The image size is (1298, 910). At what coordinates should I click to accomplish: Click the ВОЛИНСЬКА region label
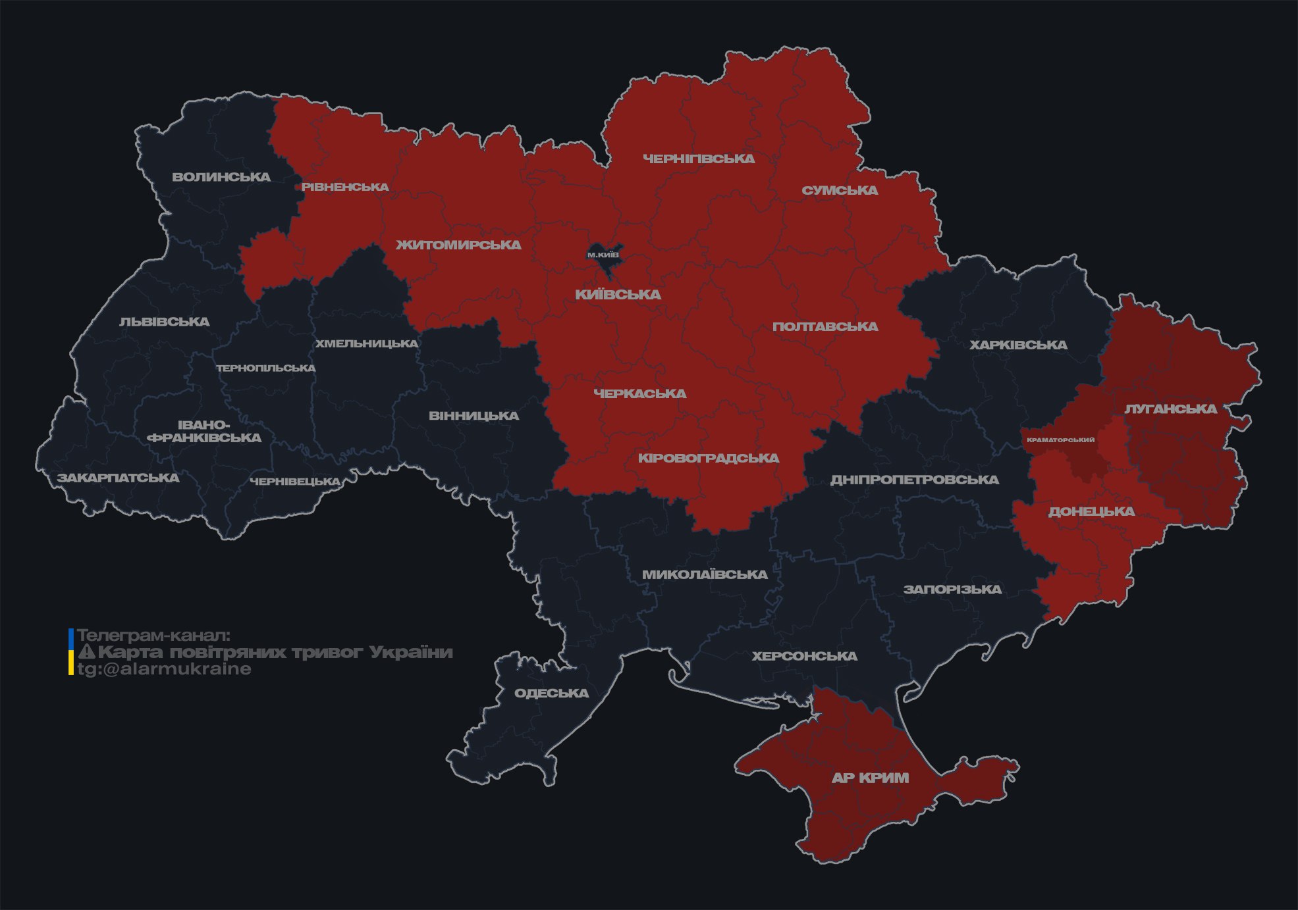(x=221, y=177)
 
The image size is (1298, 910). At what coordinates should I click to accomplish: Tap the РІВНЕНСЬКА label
(x=345, y=187)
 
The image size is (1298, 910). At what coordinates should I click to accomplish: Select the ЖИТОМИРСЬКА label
(x=458, y=245)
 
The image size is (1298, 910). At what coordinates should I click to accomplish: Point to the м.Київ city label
(x=603, y=255)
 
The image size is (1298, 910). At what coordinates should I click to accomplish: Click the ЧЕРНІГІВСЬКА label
(x=699, y=159)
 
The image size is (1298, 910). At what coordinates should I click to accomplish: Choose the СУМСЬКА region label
(x=840, y=190)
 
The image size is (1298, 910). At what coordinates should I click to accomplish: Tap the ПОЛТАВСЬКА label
(x=825, y=326)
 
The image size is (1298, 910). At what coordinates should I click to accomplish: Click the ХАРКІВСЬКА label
(x=1018, y=345)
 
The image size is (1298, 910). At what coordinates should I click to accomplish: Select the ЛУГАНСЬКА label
(x=1170, y=409)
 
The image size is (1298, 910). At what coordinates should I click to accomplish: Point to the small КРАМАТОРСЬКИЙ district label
(x=1061, y=440)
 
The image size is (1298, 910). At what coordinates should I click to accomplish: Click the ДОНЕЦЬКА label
(x=1091, y=511)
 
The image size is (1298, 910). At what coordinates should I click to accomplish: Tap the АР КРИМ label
(x=870, y=778)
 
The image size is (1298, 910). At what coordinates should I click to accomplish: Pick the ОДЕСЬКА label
(x=551, y=693)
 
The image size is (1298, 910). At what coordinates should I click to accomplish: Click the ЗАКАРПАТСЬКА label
(x=118, y=478)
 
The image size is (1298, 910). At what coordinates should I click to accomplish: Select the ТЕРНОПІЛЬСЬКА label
(x=266, y=368)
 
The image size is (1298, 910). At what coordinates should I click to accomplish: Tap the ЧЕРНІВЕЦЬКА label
(x=294, y=482)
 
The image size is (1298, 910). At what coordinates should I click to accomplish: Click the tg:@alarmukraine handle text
(x=164, y=669)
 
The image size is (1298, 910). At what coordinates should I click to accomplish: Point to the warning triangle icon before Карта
(x=86, y=652)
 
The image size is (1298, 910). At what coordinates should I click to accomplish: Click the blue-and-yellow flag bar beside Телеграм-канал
(x=71, y=652)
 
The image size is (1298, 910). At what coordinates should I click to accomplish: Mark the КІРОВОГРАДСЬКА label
(x=709, y=458)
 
